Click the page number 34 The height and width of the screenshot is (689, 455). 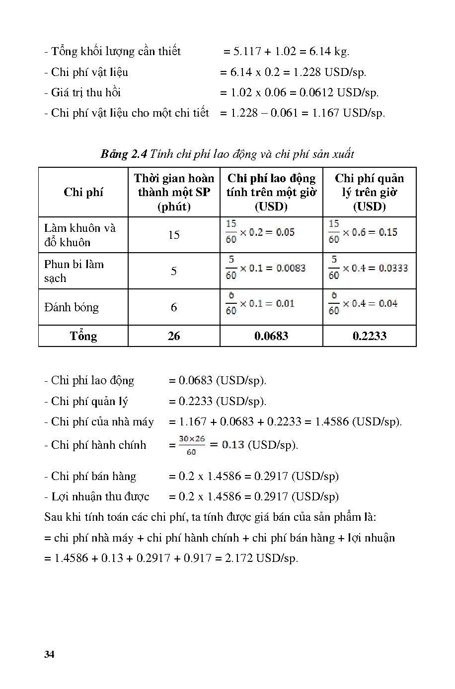49,654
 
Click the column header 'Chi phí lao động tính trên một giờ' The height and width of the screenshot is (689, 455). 271,192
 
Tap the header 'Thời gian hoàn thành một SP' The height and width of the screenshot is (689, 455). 174,192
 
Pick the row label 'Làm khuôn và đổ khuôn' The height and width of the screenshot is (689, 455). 80,235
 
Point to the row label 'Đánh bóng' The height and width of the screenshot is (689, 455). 72,307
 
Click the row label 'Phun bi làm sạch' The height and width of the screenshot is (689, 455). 74,271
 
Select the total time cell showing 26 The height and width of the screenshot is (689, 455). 174,336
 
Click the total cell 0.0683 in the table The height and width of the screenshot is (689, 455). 271,336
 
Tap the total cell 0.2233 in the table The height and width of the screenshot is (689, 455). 370,336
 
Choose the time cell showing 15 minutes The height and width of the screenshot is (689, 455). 174,235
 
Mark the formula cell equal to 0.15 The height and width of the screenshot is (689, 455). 363,232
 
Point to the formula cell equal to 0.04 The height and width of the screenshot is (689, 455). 363,304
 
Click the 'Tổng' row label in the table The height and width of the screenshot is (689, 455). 83,336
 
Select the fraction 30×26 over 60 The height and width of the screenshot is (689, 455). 191,445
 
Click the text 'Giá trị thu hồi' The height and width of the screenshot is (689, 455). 86,92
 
